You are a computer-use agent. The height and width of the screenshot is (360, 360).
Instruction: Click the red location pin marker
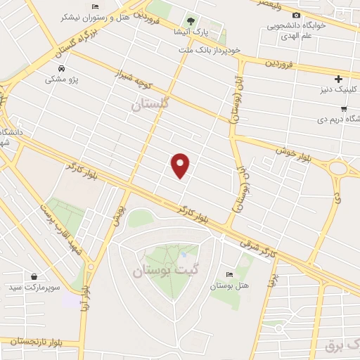pos(181,165)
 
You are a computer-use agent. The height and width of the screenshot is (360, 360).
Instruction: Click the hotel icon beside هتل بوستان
pos(229,274)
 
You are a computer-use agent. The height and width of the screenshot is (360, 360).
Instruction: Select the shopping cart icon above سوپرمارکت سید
pos(34,276)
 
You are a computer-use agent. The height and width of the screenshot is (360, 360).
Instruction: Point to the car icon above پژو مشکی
pos(62,68)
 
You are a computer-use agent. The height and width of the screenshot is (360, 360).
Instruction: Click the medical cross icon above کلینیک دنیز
pos(338,78)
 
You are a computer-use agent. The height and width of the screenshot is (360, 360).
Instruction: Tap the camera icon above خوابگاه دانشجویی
pos(296,15)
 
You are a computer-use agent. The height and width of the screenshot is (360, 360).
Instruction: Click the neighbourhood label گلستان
pos(150,104)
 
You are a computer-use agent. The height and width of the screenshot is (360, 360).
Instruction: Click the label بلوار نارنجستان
pos(30,342)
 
